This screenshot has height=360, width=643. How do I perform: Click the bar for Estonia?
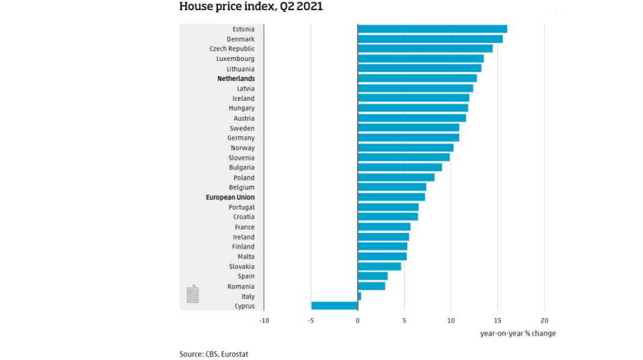coord(432,29)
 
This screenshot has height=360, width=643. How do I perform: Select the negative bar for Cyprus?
coord(334,306)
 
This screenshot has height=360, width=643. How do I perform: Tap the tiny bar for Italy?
coord(360,296)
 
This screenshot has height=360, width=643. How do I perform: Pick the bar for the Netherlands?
coord(417,78)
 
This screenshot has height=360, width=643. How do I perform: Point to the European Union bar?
coord(391,197)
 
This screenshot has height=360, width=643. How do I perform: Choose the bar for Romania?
coord(371,286)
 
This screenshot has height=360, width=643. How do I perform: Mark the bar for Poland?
coord(396,177)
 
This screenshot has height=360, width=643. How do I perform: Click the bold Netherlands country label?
coord(236,79)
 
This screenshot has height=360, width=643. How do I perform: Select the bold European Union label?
coord(230,197)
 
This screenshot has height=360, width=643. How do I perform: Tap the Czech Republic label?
coord(231,49)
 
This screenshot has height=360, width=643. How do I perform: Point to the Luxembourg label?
coord(235,59)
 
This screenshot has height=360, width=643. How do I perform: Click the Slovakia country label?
coord(242,266)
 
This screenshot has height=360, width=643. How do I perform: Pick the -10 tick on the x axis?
coord(264,321)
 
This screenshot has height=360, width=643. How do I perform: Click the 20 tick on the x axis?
coord(544,321)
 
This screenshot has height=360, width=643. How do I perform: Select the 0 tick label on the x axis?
coord(357,321)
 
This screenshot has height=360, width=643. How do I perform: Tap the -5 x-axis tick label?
coord(310,321)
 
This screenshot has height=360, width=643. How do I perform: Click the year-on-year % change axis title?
coord(518,333)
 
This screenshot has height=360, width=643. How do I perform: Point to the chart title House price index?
coord(251,7)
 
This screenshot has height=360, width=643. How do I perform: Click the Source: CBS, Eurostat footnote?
coord(214,354)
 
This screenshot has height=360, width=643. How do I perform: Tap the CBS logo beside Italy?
coord(192,294)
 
